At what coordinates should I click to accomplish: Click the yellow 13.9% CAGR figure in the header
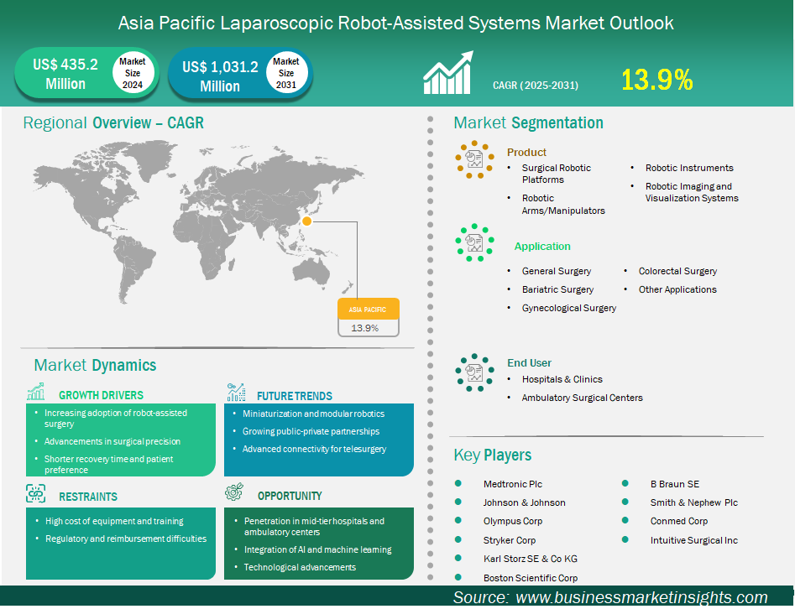coord(656,80)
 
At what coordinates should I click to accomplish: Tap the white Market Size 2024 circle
coord(133,73)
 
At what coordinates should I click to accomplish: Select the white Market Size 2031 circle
coord(286,73)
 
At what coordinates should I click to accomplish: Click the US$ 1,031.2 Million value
coord(220,76)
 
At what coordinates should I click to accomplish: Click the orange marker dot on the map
coord(306,221)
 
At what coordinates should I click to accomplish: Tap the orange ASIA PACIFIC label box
coord(369,309)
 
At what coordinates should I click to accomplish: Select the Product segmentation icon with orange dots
coord(474,159)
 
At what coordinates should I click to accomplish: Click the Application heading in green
coord(542,247)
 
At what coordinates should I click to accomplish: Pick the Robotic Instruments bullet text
coord(689,168)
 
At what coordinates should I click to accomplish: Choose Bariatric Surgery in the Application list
coord(557,289)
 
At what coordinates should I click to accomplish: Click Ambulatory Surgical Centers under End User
coord(582,398)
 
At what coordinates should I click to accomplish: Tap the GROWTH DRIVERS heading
coord(101,395)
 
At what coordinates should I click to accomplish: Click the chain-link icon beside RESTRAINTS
coord(35,493)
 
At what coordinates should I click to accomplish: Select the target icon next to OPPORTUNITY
coord(234,492)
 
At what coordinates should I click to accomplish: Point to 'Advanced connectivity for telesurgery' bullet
coord(314,449)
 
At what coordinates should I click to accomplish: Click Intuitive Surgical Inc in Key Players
coord(694,540)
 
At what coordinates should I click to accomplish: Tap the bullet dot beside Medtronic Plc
coord(458,483)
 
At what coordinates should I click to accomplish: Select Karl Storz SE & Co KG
coord(531,559)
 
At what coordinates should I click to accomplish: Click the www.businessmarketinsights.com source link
coord(641,597)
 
